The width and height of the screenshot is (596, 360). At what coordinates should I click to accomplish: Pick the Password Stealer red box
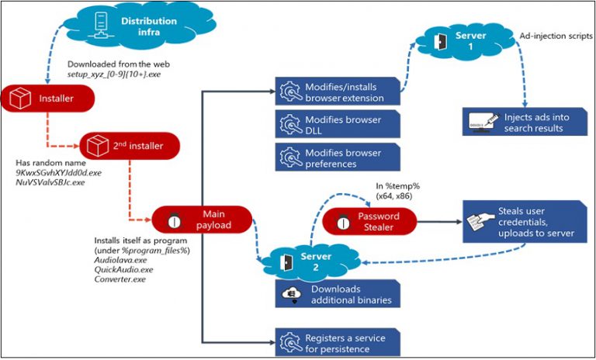coord(372,221)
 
